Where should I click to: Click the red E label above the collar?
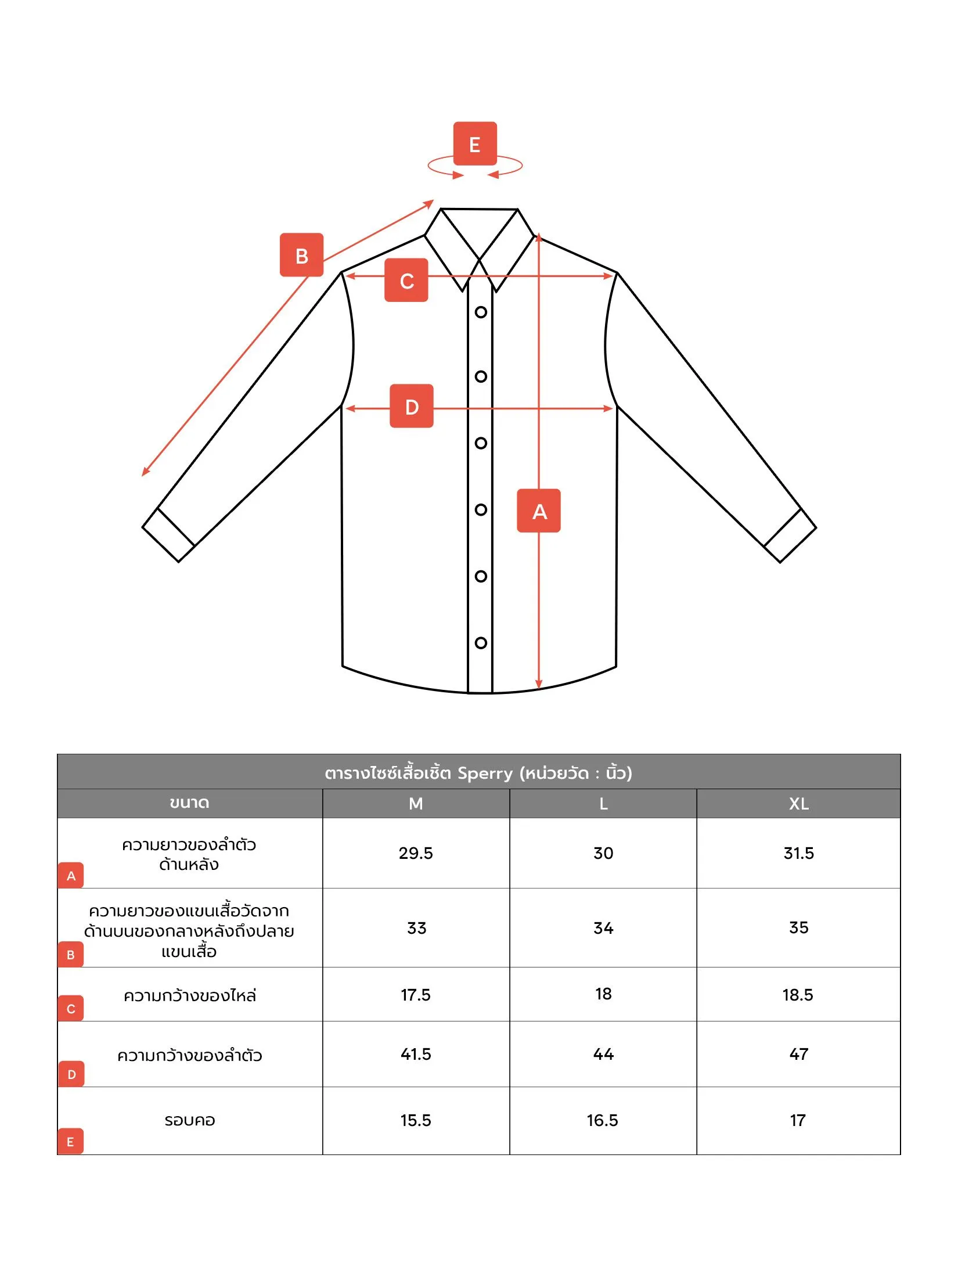pos(475,143)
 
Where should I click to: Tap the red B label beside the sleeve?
pos(301,255)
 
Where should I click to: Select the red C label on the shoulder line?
pos(406,280)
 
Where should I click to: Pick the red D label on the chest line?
pos(412,406)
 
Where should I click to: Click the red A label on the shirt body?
pos(539,510)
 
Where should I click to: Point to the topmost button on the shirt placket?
pos(481,312)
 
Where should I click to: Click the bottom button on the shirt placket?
pos(481,643)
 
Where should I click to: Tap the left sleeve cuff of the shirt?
pos(168,535)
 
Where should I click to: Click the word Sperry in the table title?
pos(485,773)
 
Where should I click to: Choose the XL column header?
pos(798,804)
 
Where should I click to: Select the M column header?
pos(416,804)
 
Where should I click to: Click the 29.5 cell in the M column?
pos(416,853)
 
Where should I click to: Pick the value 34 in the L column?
pos(603,928)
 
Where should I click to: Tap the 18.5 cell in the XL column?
pos(798,995)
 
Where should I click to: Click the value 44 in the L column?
pos(603,1054)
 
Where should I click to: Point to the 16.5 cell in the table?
pos(603,1120)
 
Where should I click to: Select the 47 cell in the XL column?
pos(798,1054)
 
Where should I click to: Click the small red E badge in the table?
pos(71,1142)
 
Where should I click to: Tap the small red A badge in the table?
pos(71,876)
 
